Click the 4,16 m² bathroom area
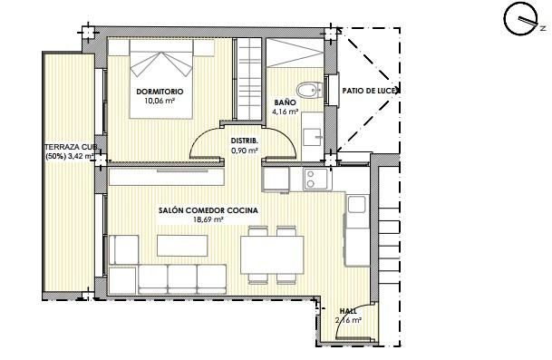[x=286, y=113]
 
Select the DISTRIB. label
[x=245, y=141]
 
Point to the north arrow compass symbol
[x=520, y=22]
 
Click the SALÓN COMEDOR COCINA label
[x=208, y=210]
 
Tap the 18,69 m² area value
[x=208, y=219]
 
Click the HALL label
[x=348, y=310]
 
